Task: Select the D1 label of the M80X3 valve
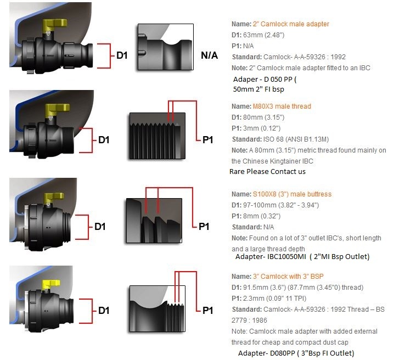pos(104,140)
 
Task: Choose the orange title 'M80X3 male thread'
pos(282,106)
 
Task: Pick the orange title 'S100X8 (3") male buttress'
pos(292,194)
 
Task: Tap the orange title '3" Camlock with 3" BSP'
pos(289,276)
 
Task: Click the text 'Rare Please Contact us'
pos(268,171)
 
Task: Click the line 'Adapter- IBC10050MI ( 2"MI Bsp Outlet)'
pos(302,256)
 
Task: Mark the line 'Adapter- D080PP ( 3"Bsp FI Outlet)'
pos(296,353)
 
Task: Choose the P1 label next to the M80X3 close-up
pos(207,140)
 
